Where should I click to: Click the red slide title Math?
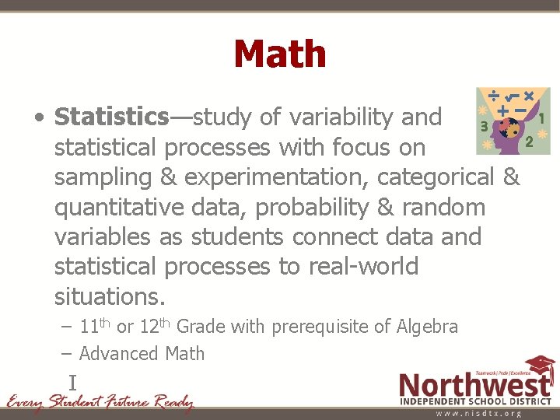tap(279, 54)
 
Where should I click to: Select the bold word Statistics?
tap(111, 117)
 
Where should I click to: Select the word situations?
tap(110, 296)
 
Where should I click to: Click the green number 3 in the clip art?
tap(485, 125)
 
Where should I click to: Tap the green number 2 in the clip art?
tap(529, 142)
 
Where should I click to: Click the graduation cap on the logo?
tap(538, 366)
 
